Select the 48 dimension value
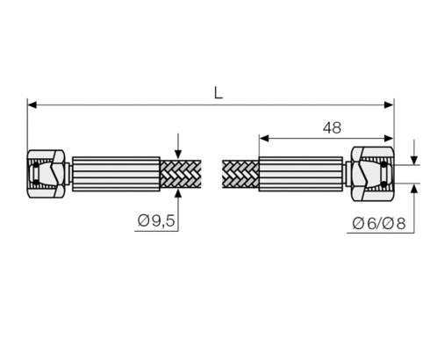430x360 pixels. [x=331, y=128]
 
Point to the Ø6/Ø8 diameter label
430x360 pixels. [x=378, y=222]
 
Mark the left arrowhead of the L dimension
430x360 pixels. [x=32, y=104]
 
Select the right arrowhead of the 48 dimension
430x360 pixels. [x=389, y=138]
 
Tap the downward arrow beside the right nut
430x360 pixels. [x=414, y=157]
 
